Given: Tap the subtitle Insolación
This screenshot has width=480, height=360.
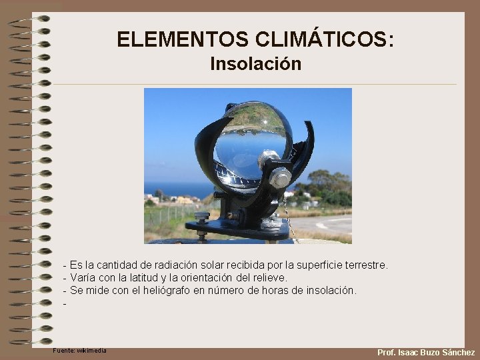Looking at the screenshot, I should (x=255, y=64).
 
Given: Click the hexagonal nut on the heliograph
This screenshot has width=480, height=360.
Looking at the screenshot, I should (x=281, y=177).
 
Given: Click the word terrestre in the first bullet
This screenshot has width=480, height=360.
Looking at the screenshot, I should (x=365, y=265).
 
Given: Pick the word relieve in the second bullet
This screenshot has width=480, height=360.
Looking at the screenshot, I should (x=269, y=277).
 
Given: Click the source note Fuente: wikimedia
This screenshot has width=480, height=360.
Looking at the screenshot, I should (x=79, y=351).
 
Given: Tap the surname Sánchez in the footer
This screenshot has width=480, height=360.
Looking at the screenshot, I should (x=458, y=352).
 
